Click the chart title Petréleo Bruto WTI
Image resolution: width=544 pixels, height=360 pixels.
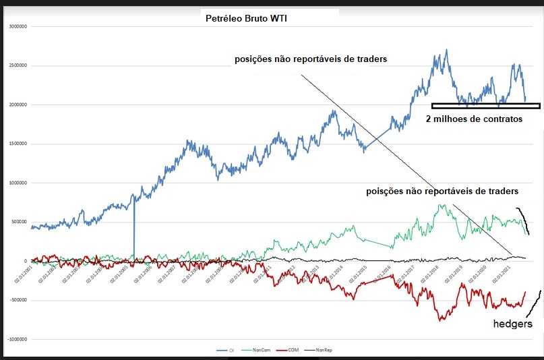[x=246, y=18]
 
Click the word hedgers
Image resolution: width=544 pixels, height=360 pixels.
[x=512, y=324]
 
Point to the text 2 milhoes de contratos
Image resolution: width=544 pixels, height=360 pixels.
[x=474, y=119]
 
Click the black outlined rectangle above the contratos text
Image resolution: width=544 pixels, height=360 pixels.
[x=485, y=105]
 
